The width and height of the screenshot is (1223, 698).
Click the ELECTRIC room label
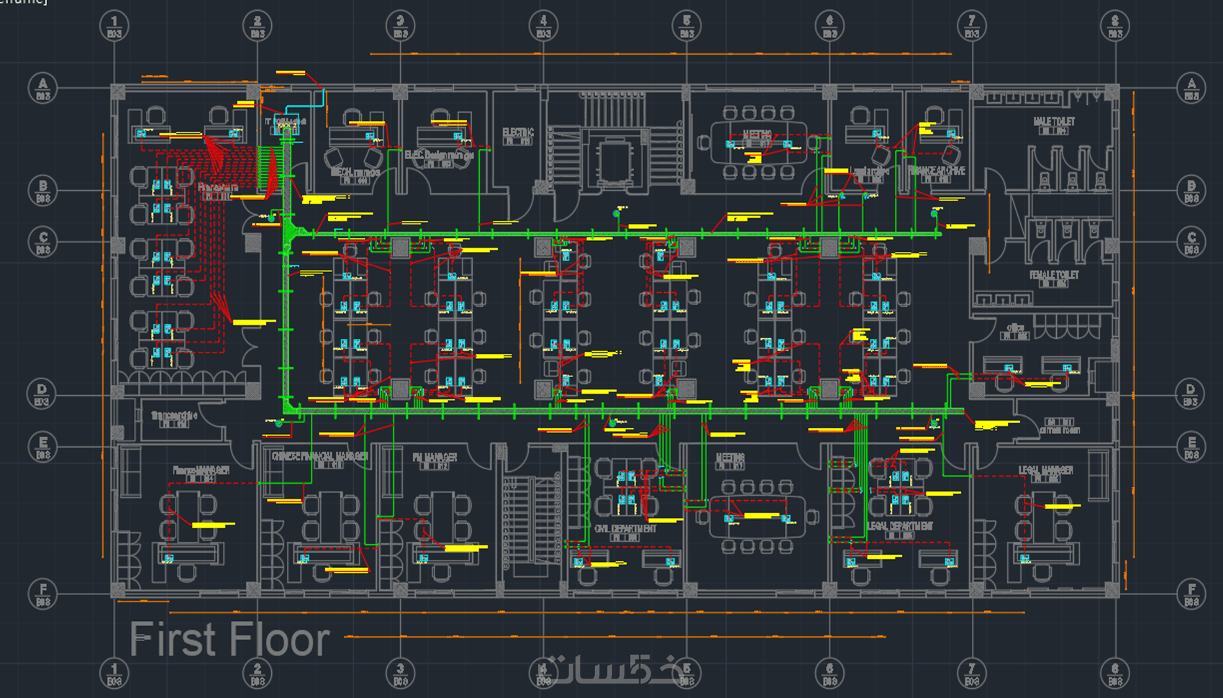(518, 132)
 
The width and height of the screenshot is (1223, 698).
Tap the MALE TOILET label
(1054, 122)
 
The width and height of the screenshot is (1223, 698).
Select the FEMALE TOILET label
(1054, 275)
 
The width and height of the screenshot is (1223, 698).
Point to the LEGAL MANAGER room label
(1045, 470)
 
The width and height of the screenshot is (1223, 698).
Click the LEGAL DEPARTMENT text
(900, 526)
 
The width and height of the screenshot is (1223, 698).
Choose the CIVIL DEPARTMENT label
(624, 529)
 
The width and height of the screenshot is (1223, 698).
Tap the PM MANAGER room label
(435, 458)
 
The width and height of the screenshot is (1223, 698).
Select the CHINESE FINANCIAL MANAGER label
(319, 456)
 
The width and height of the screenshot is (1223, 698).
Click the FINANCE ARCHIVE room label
(937, 171)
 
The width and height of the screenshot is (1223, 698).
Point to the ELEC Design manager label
(439, 155)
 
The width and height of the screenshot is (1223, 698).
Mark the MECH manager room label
(355, 173)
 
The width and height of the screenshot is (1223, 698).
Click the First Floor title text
(229, 640)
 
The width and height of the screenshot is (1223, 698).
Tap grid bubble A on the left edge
(42, 88)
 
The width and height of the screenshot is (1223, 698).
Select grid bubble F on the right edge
(1191, 593)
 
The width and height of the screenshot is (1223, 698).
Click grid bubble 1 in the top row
(114, 26)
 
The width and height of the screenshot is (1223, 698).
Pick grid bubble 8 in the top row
(1115, 26)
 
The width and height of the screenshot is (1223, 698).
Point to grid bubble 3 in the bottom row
(401, 674)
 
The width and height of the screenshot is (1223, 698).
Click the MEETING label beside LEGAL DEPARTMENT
(730, 458)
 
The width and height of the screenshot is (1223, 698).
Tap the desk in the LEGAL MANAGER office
(1046, 553)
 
